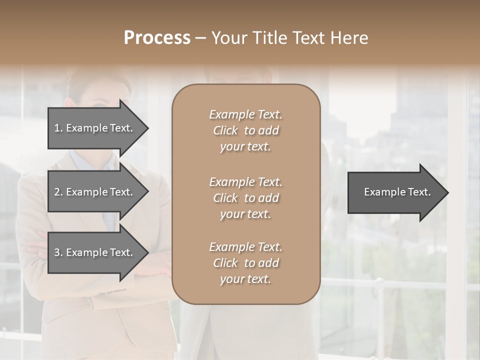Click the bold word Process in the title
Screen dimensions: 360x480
tap(157, 38)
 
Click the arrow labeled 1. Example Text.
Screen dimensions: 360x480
tap(95, 128)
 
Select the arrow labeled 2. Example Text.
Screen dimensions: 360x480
tap(95, 192)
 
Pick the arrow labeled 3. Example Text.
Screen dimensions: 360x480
tap(95, 252)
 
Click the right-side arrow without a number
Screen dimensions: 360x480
tap(395, 192)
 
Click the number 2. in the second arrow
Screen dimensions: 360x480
tap(58, 192)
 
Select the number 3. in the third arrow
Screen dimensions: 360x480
tap(58, 252)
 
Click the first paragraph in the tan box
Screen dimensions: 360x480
tap(245, 130)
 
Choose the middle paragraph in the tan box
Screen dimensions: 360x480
tap(245, 198)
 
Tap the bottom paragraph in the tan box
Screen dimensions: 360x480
tap(245, 263)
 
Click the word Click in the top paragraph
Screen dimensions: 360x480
tap(225, 130)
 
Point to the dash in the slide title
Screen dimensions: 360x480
tap(200, 38)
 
